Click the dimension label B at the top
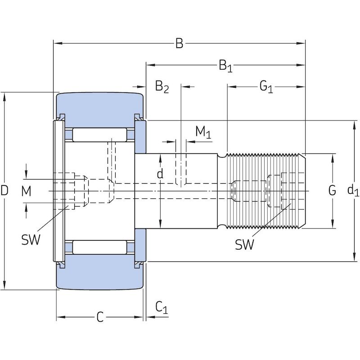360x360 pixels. tap(179, 43)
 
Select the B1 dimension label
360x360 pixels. tap(225, 66)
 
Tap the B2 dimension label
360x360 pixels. tap(162, 86)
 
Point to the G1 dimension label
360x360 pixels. tap(266, 87)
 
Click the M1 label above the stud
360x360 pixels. tap(203, 132)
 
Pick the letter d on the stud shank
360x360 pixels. tap(160, 174)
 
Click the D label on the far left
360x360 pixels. tap(4, 190)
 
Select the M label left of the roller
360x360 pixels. tap(26, 191)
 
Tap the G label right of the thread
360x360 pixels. tap(332, 190)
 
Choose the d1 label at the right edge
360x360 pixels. tap(353, 190)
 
